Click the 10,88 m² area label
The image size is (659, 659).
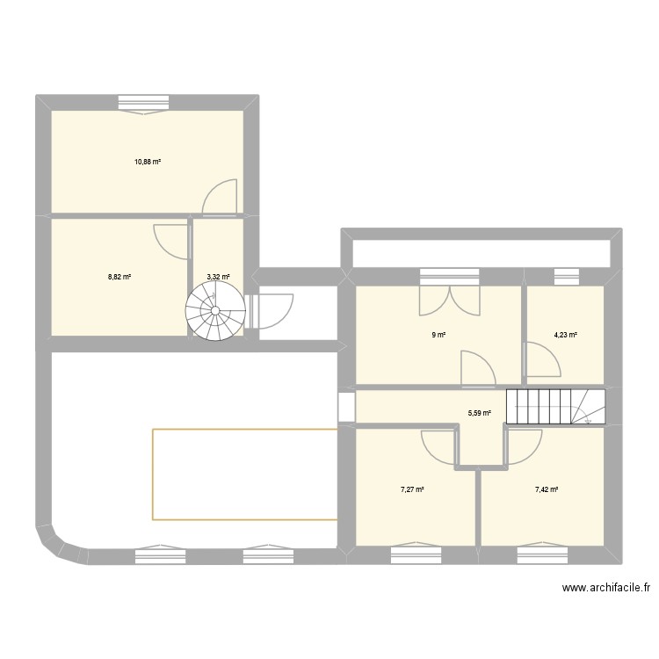148,162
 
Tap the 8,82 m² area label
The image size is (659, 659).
119,277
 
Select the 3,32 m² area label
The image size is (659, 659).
218,277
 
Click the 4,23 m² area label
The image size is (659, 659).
565,334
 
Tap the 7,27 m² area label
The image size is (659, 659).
413,489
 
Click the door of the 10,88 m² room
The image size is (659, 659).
219,197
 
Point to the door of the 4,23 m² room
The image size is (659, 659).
540,358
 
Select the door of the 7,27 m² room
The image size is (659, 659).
438,444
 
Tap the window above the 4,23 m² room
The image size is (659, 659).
565,277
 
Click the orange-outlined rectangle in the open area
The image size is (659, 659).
245,474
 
